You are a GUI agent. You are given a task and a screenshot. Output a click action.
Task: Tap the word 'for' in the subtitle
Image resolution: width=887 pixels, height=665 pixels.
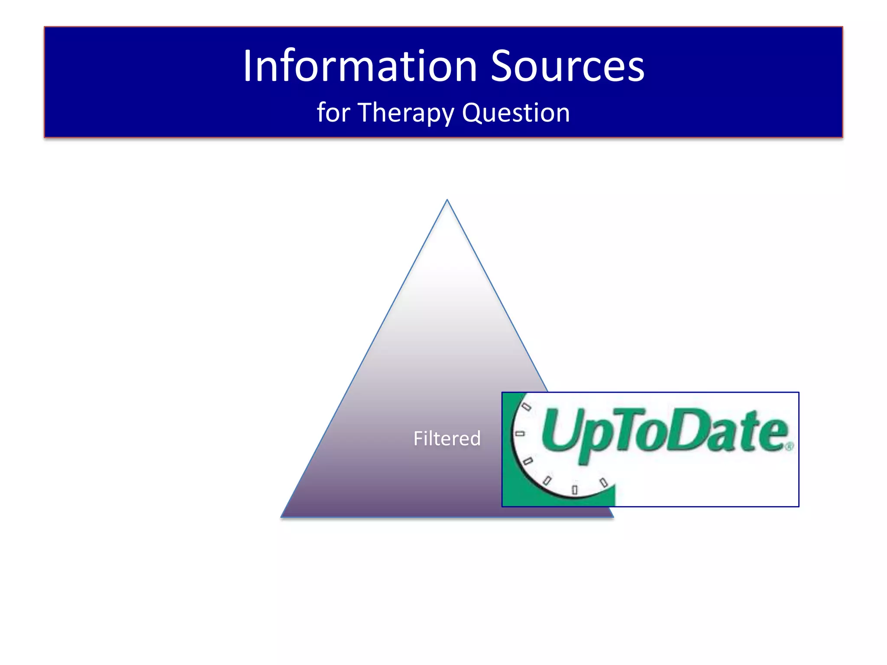[x=333, y=112]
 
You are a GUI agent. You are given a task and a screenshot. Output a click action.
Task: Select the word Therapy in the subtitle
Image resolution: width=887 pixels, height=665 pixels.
[x=406, y=113]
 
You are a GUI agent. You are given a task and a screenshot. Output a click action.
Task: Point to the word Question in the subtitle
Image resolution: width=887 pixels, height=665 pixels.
[x=515, y=113]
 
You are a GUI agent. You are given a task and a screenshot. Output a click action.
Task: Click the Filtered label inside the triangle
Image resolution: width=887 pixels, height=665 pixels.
[x=447, y=438]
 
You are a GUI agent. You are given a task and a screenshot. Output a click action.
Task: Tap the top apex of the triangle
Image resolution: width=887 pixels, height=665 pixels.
[x=447, y=200]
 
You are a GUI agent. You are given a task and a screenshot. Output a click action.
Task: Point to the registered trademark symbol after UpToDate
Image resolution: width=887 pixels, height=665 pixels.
[x=790, y=446]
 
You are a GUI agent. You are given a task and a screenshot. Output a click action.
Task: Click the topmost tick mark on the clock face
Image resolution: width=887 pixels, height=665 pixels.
[x=526, y=407]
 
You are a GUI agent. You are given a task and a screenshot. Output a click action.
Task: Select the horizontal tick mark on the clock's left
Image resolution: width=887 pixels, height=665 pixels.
[x=520, y=433]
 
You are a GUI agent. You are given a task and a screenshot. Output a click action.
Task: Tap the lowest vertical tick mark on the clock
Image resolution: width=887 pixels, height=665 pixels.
[x=575, y=490]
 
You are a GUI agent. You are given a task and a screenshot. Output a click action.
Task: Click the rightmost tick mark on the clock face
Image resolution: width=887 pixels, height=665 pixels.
[x=603, y=482]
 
